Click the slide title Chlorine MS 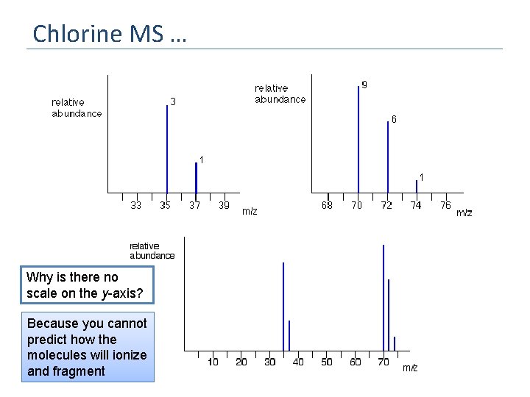[x=109, y=34]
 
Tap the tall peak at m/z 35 [x=167, y=147]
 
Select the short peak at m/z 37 [x=196, y=177]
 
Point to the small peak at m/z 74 [x=417, y=186]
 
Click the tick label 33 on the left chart [x=136, y=206]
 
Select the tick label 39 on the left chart [x=224, y=206]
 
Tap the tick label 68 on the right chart [x=327, y=206]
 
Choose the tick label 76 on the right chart [x=445, y=206]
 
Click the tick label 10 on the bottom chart [x=213, y=362]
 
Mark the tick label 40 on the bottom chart [x=298, y=362]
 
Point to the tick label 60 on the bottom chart [x=355, y=362]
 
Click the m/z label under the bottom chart [x=410, y=368]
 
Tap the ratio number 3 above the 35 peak [x=173, y=101]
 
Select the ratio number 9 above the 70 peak [x=364, y=85]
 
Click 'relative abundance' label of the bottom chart [x=152, y=251]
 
